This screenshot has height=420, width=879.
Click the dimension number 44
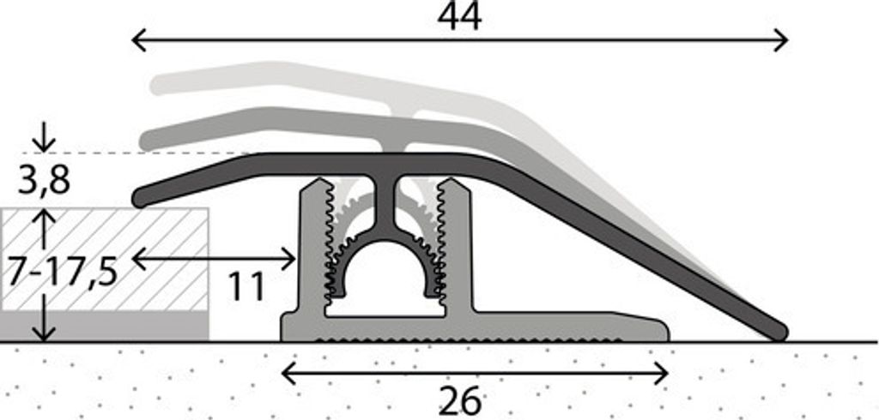click(459, 17)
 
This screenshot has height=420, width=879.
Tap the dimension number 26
click(459, 401)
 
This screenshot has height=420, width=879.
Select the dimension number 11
click(246, 287)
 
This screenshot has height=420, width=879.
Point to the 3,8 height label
click(43, 180)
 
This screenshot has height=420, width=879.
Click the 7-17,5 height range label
click(62, 273)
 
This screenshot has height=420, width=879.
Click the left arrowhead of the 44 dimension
click(138, 40)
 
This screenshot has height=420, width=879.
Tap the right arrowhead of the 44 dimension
click(781, 40)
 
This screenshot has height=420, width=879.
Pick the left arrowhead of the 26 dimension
click(288, 373)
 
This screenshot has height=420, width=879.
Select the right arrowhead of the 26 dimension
click(661, 373)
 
